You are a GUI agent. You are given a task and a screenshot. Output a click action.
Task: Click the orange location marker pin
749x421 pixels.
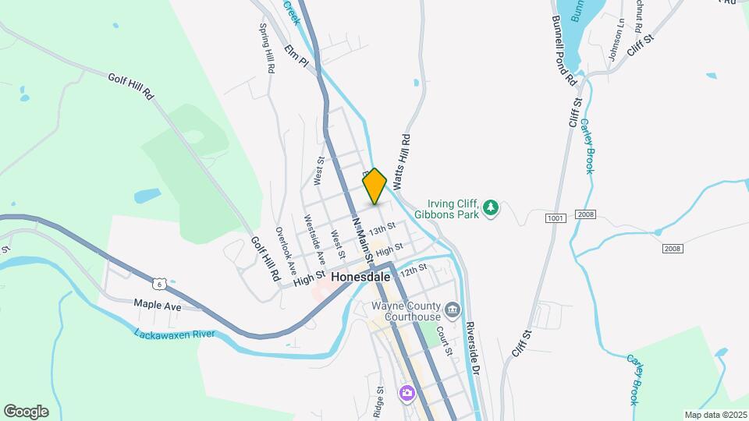(374, 186)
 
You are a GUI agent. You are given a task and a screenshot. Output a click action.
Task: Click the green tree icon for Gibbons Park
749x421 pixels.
(490, 207)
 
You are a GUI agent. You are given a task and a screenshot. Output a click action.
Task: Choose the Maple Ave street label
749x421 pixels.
(157, 306)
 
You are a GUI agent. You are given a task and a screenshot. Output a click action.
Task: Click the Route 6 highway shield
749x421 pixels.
(159, 282)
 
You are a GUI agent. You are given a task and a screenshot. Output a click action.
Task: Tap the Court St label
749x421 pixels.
(444, 341)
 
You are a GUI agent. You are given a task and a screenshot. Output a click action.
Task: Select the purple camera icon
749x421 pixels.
(406, 392)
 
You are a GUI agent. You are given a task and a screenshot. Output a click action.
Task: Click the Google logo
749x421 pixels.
(26, 412)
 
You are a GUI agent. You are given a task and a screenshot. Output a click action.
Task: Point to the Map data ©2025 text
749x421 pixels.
(715, 415)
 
